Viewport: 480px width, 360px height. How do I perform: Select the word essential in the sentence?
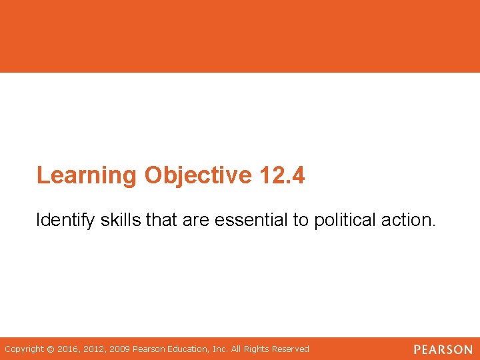[255, 221]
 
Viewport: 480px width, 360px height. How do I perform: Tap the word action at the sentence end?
[411, 221]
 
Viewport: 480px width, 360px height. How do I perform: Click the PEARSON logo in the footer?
[443, 349]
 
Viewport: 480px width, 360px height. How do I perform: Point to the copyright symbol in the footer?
[51, 349]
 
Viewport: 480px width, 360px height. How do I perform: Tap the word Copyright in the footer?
[24, 349]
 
